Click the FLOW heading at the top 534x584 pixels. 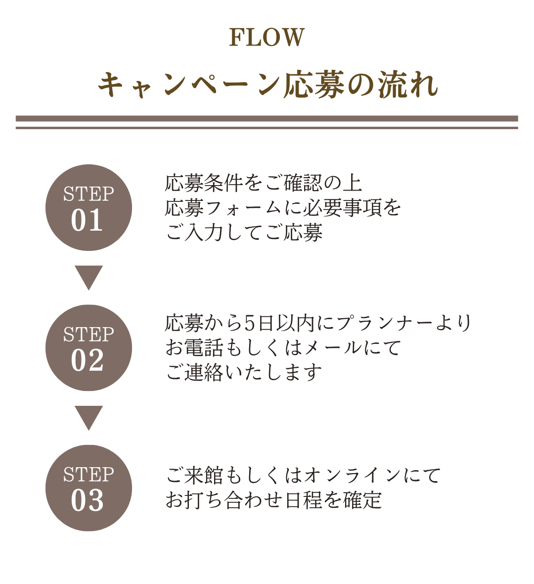point(267,37)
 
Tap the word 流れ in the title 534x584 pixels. point(408,85)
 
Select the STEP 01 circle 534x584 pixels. point(89,207)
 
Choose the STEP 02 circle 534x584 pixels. point(89,348)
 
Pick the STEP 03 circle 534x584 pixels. point(89,488)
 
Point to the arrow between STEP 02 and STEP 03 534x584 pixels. point(89,418)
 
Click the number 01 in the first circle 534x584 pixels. point(87,220)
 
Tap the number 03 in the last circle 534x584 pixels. point(87,500)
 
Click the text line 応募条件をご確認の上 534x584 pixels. point(264,183)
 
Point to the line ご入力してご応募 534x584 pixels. point(244,233)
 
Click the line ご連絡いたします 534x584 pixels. point(244,373)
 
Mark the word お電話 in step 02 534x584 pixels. point(194,348)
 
